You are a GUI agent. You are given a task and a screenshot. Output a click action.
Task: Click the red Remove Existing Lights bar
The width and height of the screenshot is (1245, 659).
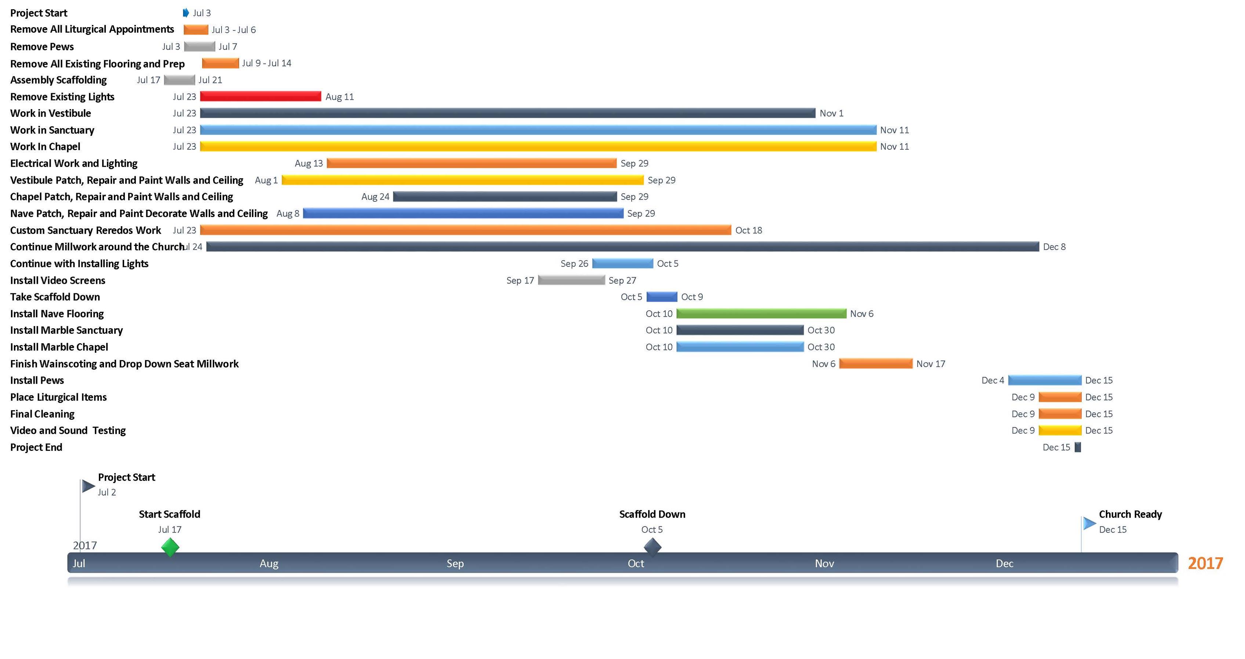[260, 97]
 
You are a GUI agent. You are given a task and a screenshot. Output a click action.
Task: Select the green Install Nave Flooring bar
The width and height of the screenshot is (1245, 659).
[761, 314]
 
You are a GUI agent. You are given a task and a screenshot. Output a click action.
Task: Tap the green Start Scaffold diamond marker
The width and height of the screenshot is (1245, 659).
[170, 547]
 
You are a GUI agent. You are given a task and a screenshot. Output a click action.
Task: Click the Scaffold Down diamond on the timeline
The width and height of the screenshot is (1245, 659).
[652, 547]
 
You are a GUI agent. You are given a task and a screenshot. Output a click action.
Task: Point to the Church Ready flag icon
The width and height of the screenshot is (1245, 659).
[1089, 523]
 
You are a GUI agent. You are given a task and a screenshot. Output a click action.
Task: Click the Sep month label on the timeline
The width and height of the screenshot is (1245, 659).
[455, 563]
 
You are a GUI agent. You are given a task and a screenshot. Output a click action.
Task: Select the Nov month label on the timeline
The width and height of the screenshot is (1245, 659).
[824, 563]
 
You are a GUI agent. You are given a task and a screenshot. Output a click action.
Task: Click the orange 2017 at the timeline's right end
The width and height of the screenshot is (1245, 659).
[1205, 563]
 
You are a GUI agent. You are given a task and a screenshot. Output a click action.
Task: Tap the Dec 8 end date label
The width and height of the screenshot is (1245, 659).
[1054, 247]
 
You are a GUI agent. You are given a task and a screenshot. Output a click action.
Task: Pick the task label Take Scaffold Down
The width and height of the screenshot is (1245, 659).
[55, 297]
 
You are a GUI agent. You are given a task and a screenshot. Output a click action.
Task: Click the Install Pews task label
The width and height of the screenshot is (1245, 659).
[37, 381]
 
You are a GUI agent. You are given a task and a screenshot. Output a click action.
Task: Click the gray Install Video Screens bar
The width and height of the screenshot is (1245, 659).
[571, 280]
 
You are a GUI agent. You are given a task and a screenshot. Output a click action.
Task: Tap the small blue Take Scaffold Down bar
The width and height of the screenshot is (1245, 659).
[662, 297]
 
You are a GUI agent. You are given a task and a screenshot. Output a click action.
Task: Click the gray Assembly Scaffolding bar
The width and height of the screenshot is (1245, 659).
[179, 80]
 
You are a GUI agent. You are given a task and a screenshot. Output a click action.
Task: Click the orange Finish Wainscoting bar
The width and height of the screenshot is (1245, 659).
[876, 364]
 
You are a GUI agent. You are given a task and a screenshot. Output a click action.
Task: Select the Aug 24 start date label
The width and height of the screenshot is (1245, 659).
[375, 197]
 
